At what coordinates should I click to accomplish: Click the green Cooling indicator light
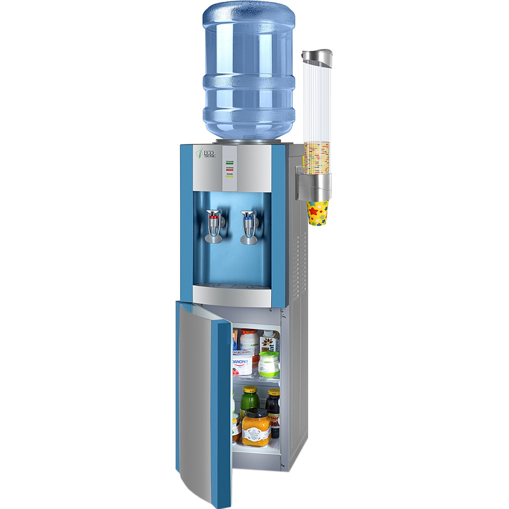coord(229,163)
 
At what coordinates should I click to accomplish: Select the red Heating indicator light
coord(229,169)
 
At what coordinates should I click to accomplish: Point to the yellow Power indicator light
coord(229,176)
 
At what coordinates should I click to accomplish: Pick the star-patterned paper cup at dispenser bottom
coord(318,213)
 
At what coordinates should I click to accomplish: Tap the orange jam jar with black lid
coord(256,428)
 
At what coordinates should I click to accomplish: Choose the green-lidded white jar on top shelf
coord(268,363)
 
